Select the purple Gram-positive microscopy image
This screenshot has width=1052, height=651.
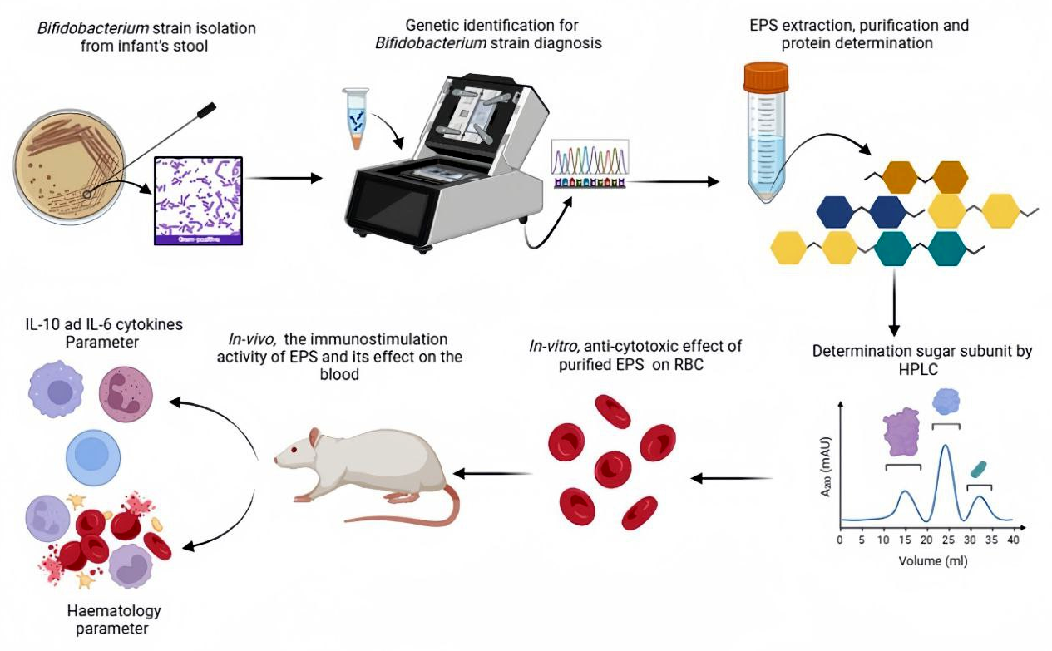pos(198,200)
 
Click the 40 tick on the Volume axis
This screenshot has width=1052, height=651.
pos(1011,540)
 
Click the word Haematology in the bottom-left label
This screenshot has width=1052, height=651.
pos(112,612)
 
